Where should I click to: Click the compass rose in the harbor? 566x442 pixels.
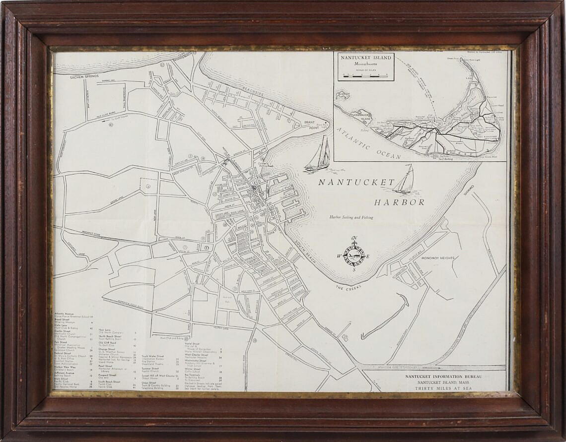tap(354, 254)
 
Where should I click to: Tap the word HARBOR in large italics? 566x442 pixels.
tap(399, 202)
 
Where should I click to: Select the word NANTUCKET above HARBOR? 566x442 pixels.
tap(356, 182)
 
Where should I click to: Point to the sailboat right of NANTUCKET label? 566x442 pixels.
tap(405, 181)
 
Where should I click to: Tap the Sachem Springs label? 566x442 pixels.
tap(84, 77)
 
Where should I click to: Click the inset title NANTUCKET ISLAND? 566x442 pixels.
tap(365, 58)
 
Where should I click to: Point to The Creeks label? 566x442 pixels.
tap(346, 287)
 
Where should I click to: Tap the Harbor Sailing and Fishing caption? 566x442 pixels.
tap(351, 217)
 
